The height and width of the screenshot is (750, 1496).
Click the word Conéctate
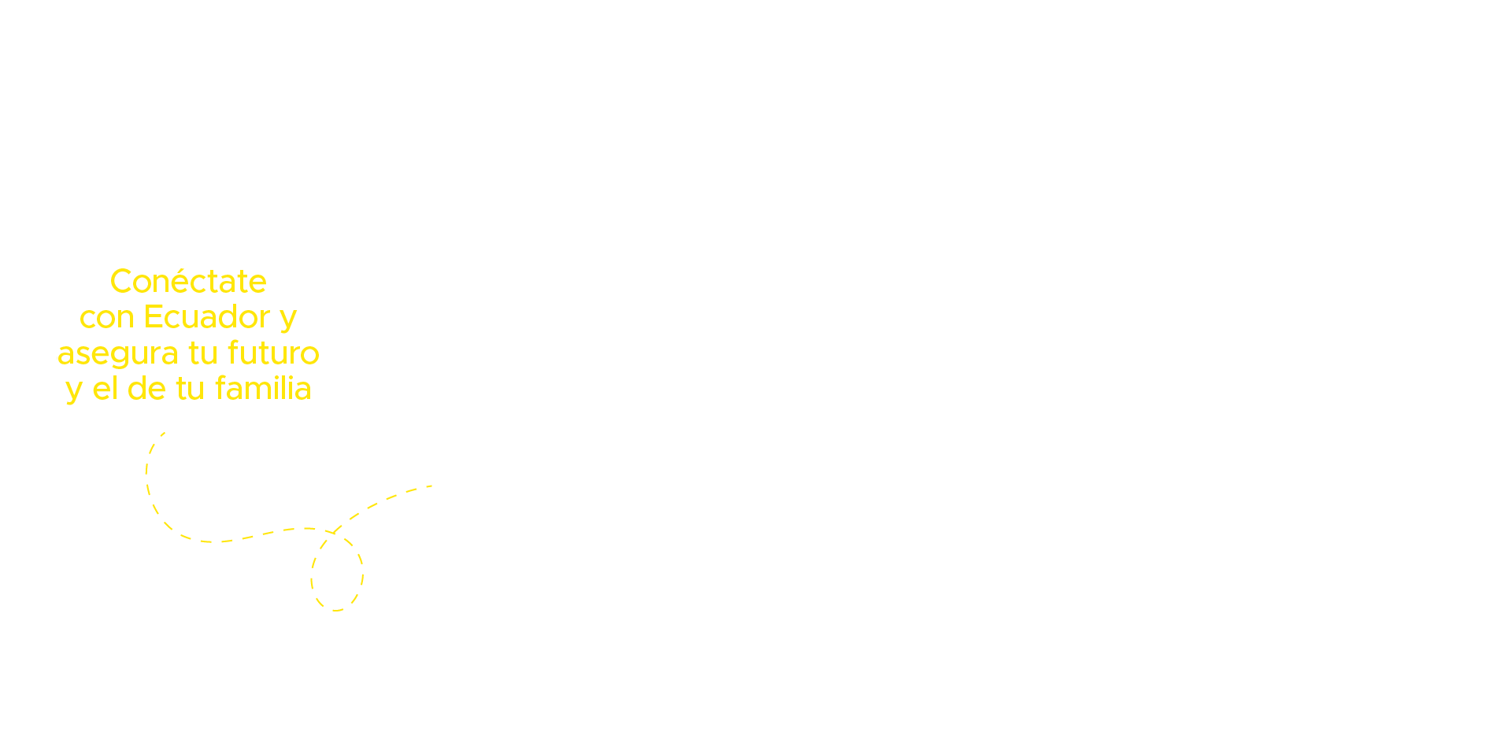click(x=188, y=281)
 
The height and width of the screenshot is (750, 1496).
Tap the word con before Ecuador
click(x=107, y=318)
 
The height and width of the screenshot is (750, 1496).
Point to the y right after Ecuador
click(x=288, y=320)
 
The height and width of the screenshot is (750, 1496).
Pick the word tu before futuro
click(x=203, y=353)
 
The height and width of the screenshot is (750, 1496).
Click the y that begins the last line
click(x=74, y=392)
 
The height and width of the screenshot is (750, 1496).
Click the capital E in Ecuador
click(x=154, y=317)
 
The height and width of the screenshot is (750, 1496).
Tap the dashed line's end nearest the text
click(x=164, y=433)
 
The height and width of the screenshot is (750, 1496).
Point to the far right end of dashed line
click(x=432, y=486)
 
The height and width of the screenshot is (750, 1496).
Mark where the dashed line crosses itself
click(x=333, y=534)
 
